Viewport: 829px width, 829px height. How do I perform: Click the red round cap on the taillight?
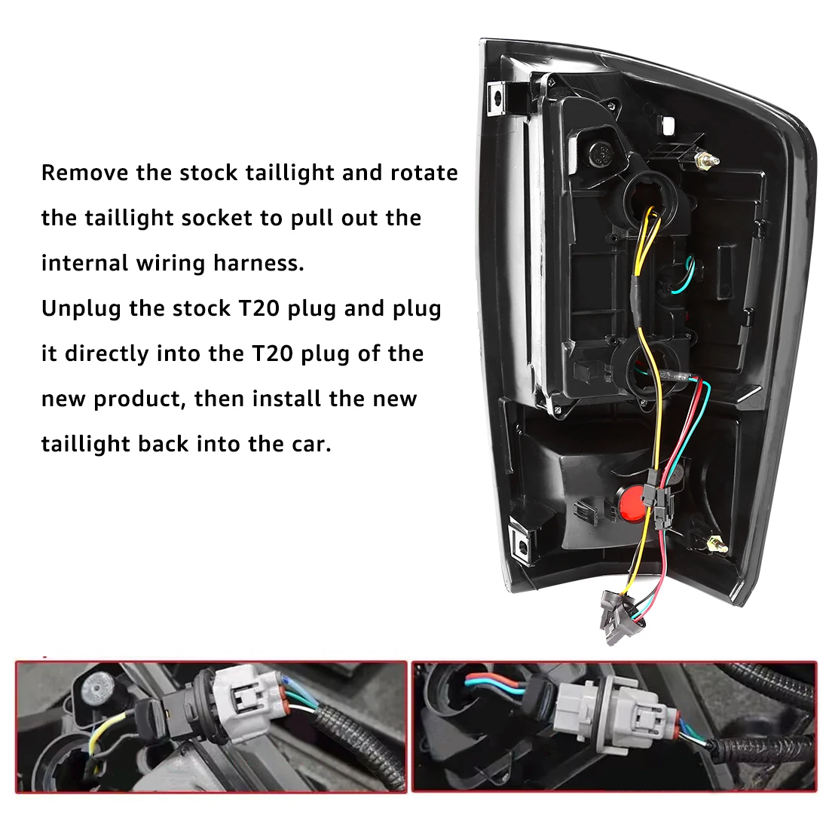(632, 503)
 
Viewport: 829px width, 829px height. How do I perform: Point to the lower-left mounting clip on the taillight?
(521, 543)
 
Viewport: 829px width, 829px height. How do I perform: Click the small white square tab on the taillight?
(666, 123)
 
